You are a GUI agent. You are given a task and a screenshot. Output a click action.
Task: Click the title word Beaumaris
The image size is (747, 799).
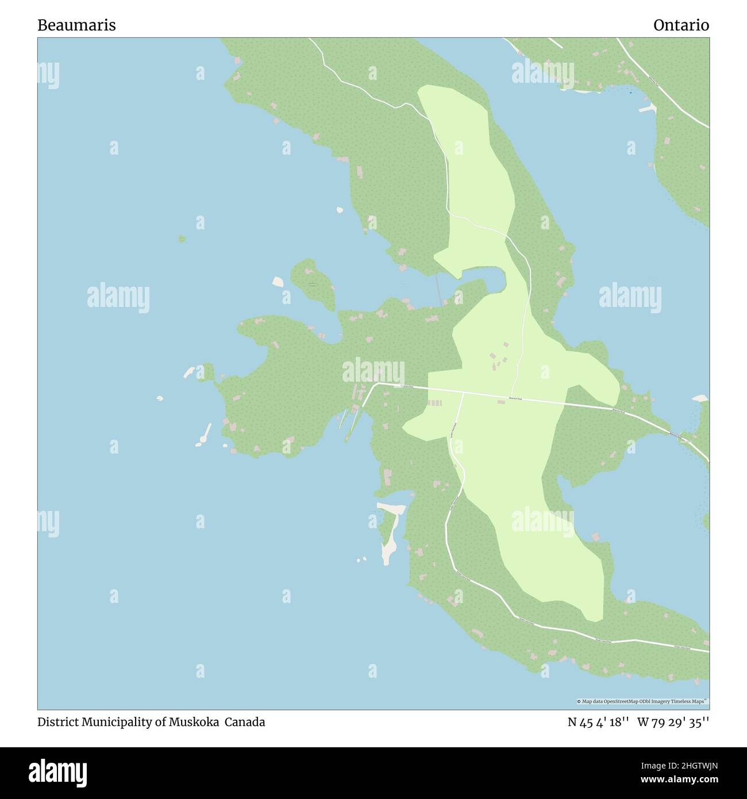[x=76, y=25]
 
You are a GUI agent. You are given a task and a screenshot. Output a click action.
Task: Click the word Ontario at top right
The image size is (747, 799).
[x=681, y=25]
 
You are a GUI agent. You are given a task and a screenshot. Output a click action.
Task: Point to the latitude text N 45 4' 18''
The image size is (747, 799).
[x=596, y=722]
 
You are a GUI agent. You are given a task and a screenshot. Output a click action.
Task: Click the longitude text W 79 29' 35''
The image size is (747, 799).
[x=673, y=722]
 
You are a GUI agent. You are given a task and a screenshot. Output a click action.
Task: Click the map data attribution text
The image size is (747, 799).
[x=642, y=701]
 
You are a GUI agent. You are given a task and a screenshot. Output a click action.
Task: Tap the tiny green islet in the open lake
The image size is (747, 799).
[x=182, y=238]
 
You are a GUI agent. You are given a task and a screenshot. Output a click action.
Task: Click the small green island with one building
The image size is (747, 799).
[x=313, y=283]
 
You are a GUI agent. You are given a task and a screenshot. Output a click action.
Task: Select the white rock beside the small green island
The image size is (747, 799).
[x=278, y=282]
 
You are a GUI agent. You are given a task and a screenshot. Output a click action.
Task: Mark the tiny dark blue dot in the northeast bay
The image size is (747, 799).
[x=630, y=93]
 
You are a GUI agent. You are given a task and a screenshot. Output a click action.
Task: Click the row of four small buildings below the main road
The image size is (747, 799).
[x=434, y=403]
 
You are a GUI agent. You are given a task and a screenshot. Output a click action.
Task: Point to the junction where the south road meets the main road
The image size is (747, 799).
[x=463, y=393]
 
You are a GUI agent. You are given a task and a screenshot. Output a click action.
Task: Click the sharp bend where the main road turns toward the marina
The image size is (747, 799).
[x=374, y=384]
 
